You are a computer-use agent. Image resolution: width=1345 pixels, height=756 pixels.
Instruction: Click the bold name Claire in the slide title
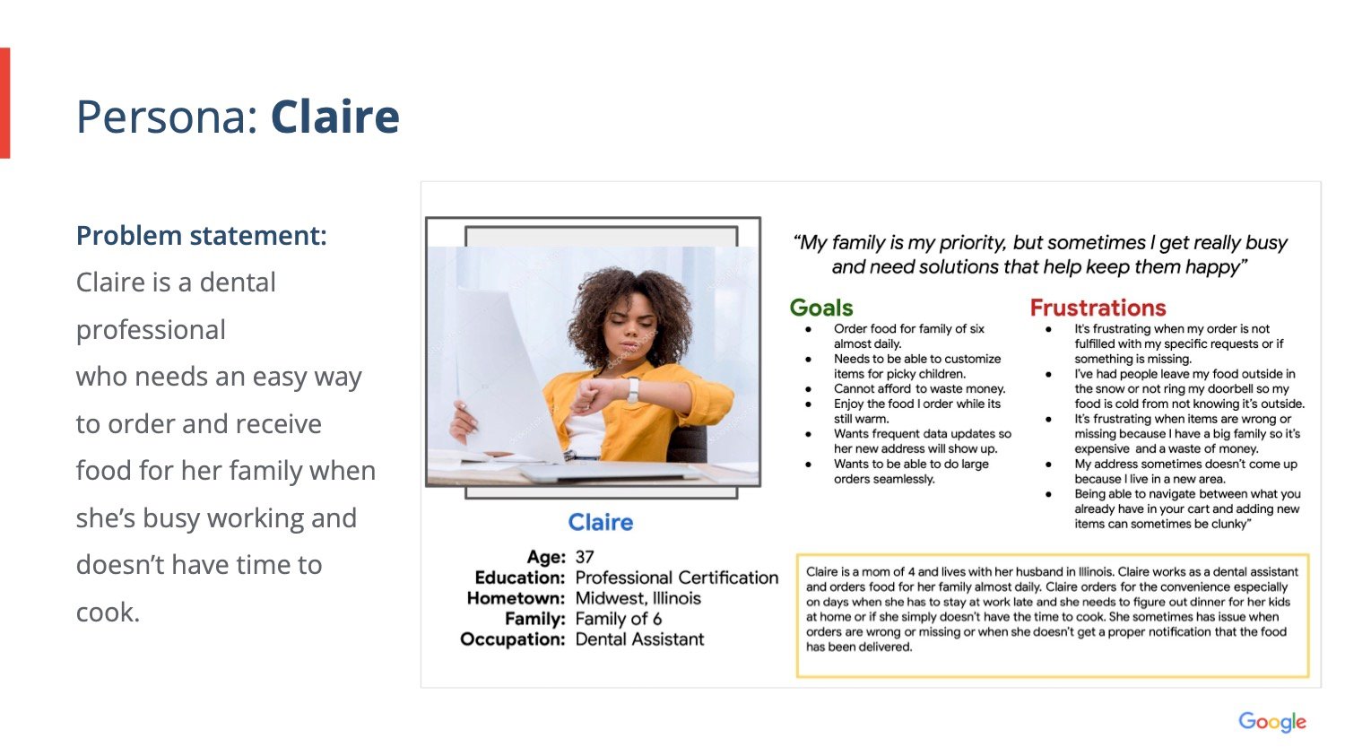pos(334,117)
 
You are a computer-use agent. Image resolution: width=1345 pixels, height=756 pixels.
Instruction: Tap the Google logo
pos(1271,722)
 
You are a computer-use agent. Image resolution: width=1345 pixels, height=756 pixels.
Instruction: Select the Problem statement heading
pos(201,236)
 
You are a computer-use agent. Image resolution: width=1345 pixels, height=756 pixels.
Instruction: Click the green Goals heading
pos(820,308)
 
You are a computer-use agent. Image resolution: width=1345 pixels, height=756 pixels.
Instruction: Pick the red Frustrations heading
pos(1098,308)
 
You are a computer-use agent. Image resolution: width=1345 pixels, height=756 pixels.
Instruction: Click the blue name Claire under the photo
pos(600,522)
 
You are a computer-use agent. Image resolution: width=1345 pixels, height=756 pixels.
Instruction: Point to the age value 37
pos(585,557)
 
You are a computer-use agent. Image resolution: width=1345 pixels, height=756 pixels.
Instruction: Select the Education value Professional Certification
pos(676,578)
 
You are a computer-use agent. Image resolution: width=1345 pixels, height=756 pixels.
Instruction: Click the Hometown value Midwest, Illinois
pos(638,598)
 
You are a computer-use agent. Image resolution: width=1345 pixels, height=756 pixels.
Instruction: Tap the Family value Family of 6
pos(618,619)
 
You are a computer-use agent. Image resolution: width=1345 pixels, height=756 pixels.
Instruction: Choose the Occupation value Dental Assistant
pos(639,639)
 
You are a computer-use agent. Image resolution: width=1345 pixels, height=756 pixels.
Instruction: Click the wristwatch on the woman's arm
pos(633,388)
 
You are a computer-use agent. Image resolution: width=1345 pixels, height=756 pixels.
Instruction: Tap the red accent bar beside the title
pos(4,103)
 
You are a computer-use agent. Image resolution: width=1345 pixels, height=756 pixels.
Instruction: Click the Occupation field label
pos(512,639)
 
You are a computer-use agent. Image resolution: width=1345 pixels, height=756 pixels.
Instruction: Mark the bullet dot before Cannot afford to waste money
pos(808,389)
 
